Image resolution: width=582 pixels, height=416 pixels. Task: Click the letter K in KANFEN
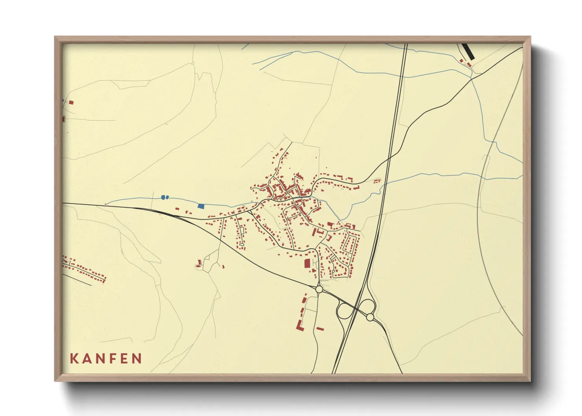(74, 359)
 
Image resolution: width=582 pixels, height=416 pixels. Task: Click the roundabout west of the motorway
(319, 289)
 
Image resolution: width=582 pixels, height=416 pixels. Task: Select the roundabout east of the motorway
(370, 317)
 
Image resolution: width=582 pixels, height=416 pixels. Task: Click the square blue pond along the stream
(201, 206)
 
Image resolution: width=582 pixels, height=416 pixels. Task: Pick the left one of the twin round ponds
(163, 197)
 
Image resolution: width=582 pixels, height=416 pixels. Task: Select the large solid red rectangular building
(307, 263)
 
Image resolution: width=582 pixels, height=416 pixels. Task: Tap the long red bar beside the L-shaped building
(320, 328)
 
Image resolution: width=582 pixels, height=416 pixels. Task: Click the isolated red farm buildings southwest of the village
(199, 263)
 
